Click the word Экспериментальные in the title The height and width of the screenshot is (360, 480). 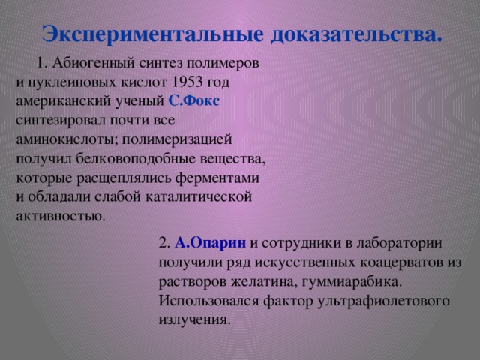pyautogui.click(x=152, y=34)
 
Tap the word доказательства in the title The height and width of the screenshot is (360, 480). pyautogui.click(x=354, y=35)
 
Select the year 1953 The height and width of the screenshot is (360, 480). pyautogui.click(x=187, y=82)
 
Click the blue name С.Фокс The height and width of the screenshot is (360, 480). pyautogui.click(x=193, y=100)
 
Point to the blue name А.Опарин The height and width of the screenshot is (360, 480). pyautogui.click(x=210, y=243)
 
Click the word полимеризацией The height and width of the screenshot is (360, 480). pyautogui.click(x=177, y=140)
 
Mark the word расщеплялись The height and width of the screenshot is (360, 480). pyautogui.click(x=124, y=178)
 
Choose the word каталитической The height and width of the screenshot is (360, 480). pyautogui.click(x=198, y=197)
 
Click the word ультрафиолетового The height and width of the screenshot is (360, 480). pyautogui.click(x=383, y=301)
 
